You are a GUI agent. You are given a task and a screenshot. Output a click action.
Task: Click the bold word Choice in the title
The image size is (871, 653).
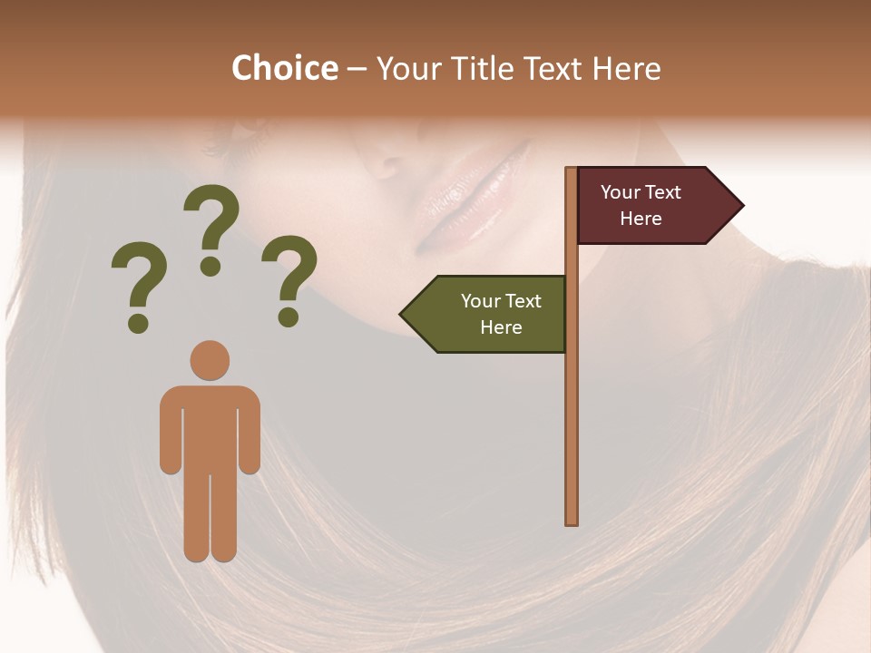(284, 69)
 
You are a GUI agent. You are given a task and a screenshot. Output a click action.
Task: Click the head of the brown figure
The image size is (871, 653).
(210, 360)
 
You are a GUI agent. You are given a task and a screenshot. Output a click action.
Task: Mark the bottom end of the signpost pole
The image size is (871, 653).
(572, 521)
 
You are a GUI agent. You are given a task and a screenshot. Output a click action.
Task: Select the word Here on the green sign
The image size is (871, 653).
(501, 327)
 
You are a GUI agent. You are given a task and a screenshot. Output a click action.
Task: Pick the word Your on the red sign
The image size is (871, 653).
(621, 192)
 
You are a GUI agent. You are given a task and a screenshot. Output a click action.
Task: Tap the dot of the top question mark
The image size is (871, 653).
(211, 266)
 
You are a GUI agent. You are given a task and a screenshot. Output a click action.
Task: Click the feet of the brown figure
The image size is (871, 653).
(210, 553)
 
